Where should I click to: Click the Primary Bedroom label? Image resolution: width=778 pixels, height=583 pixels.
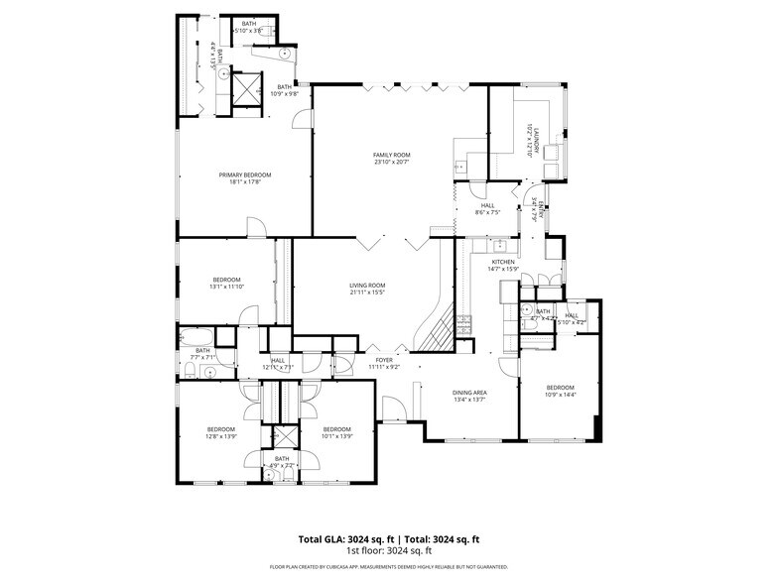(244, 175)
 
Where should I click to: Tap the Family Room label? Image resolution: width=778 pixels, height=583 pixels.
(392, 155)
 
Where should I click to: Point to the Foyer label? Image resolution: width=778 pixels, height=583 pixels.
(384, 360)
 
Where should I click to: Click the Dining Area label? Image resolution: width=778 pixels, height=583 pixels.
(470, 393)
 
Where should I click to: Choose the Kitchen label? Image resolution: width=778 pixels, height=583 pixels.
(503, 262)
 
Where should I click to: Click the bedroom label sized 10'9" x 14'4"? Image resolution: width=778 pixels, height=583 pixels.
(560, 387)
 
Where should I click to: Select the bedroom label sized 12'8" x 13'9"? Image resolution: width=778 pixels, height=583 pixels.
(220, 429)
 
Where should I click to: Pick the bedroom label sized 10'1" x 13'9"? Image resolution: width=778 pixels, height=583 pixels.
(337, 429)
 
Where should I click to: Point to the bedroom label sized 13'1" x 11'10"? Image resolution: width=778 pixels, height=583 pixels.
(227, 280)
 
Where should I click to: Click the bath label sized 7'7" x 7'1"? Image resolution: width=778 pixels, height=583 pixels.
(202, 349)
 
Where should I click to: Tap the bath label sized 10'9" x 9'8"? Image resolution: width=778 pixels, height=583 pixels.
(286, 86)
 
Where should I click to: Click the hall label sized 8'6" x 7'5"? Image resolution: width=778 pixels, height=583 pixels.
(488, 205)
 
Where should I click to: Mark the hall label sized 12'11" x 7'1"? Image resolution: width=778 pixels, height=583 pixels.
(278, 360)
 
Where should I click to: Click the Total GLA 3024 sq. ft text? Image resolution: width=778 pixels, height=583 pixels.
(339, 539)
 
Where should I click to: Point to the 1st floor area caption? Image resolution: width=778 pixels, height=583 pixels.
(389, 550)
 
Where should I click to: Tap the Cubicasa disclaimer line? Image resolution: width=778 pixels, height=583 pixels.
(389, 567)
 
